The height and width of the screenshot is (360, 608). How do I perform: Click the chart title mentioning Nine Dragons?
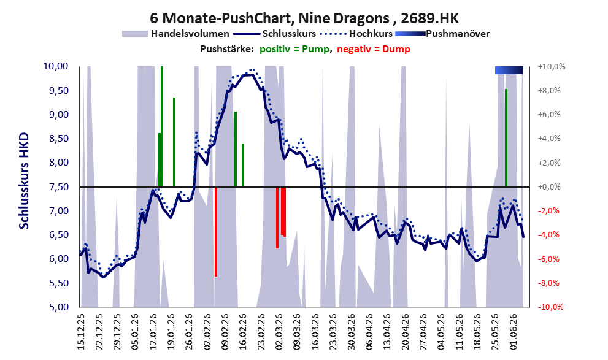pyautogui.click(x=304, y=18)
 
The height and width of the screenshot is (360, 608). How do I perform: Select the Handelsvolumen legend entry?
pyautogui.click(x=175, y=34)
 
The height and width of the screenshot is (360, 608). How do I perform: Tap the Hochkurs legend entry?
pyautogui.click(x=356, y=34)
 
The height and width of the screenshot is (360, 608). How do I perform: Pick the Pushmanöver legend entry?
pyautogui.click(x=442, y=34)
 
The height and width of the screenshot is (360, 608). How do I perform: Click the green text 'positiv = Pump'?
pyautogui.click(x=294, y=49)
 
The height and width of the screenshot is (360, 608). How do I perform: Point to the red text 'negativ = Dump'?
pyautogui.click(x=374, y=49)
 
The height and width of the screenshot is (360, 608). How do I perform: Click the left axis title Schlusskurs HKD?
pyautogui.click(x=24, y=181)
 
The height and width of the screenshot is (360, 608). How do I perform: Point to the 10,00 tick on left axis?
pyautogui.click(x=56, y=66)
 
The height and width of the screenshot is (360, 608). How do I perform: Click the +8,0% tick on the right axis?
pyautogui.click(x=548, y=90)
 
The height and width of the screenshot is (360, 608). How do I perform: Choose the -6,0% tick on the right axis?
pyautogui.click(x=548, y=259)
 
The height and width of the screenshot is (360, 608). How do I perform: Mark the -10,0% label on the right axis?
pyautogui.click(x=550, y=307)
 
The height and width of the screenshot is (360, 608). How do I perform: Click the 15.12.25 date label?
pyautogui.click(x=81, y=332)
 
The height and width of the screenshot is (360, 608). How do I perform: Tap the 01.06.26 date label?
pyautogui.click(x=515, y=332)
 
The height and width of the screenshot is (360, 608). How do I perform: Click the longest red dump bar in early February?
pyautogui.click(x=215, y=232)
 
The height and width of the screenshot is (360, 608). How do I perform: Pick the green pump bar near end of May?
pyautogui.click(x=506, y=138)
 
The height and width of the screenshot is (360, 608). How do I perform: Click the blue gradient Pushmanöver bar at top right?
pyautogui.click(x=509, y=70)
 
